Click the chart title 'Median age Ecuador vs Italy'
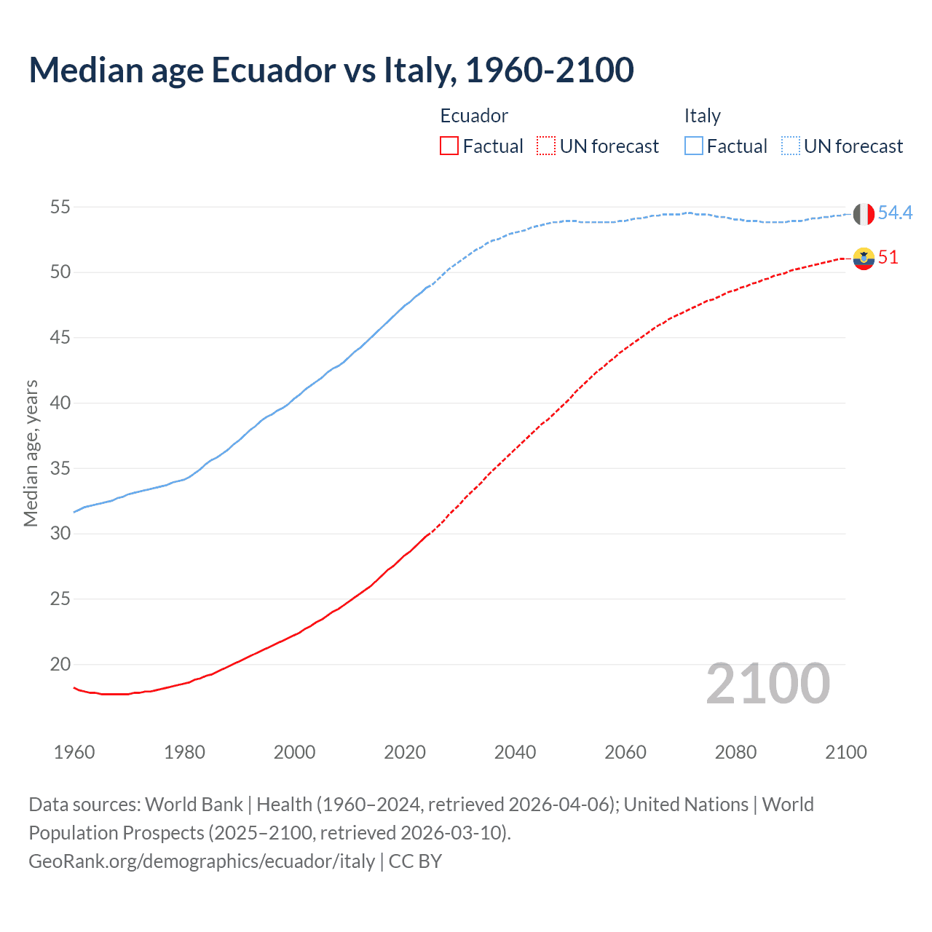331,70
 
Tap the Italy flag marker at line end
864,214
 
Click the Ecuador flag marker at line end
864,258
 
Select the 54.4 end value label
895,213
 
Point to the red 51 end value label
888,257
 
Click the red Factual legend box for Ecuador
449,146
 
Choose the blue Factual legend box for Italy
694,146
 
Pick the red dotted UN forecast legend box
546,146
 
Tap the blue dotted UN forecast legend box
791,146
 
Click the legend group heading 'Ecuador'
474,116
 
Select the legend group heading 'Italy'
702,116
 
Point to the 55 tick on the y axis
60,207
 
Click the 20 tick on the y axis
60,664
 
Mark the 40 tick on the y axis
60,403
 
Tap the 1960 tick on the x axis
74,752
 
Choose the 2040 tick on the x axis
515,752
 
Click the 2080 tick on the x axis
735,752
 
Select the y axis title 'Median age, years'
31,453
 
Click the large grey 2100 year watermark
767,683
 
